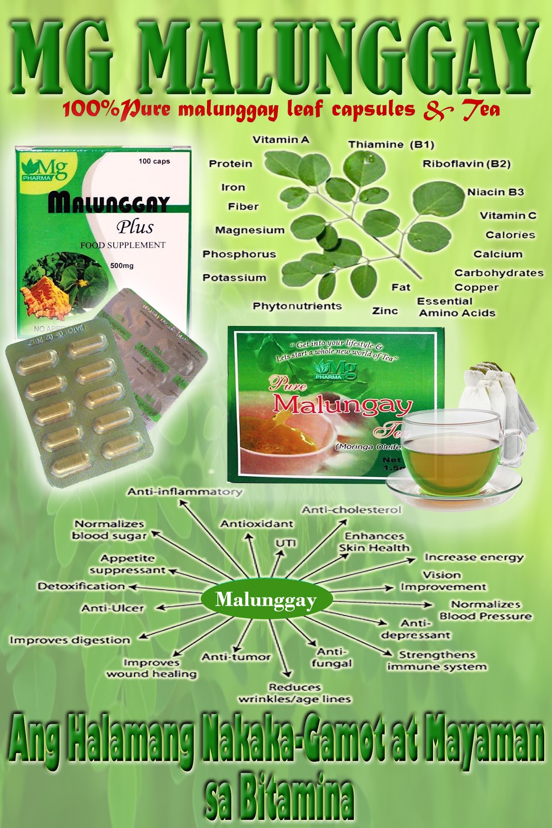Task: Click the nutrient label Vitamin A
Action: coord(280,140)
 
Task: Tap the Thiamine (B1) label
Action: coord(391,144)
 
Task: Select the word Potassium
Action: coord(234,278)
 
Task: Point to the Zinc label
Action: coord(385,311)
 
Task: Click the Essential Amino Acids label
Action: coord(456,307)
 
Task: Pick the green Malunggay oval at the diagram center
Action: coord(265,600)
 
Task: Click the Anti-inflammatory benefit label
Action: coord(185,492)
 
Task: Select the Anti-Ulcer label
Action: coord(113,608)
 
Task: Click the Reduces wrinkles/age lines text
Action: coord(294,693)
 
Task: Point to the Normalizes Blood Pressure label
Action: coord(485,610)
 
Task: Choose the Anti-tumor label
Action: coord(236,657)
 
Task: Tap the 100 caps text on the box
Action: coord(154,161)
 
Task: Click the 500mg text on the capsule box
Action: coord(122,265)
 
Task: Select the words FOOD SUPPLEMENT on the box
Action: coord(123,245)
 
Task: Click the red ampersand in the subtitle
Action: coord(438,110)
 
